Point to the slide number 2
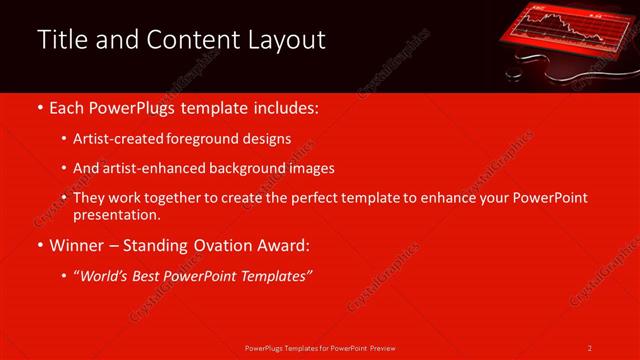590,347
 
